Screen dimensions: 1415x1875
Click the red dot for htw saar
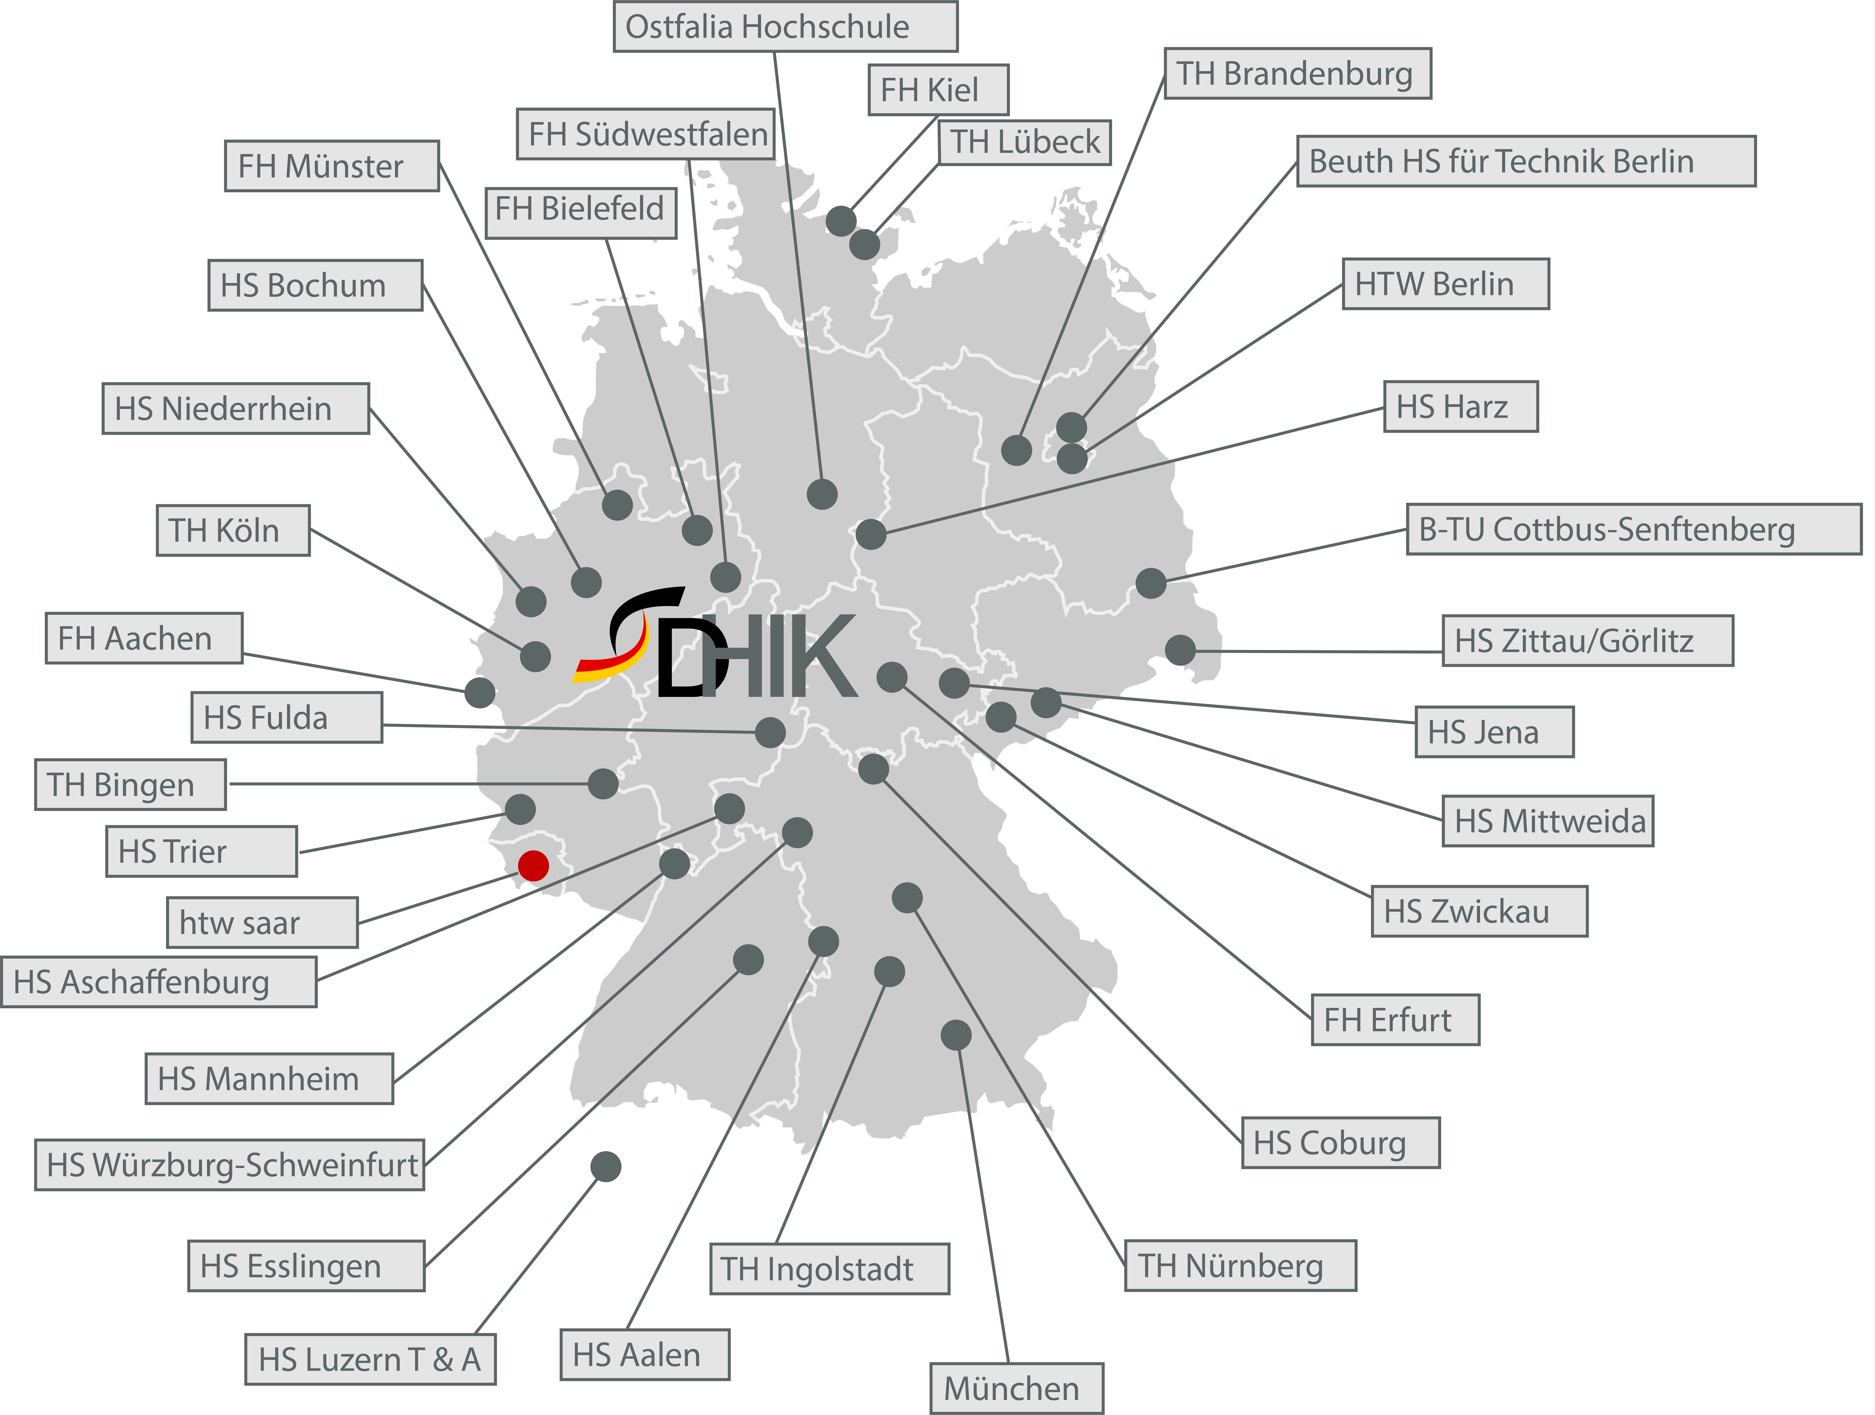pos(533,865)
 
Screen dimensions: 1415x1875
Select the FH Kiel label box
pos(937,89)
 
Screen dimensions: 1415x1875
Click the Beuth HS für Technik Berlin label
pos(1525,161)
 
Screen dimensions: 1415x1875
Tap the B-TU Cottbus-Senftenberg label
pos(1633,530)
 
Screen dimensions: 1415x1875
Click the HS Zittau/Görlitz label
pos(1587,640)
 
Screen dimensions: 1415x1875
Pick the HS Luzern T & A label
pos(370,1359)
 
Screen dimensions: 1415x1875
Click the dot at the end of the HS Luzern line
pos(605,1167)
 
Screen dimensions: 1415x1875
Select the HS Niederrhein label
pos(236,408)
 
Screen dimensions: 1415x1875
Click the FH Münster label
pos(331,166)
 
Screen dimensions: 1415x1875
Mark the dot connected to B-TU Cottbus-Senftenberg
pos(1150,583)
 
